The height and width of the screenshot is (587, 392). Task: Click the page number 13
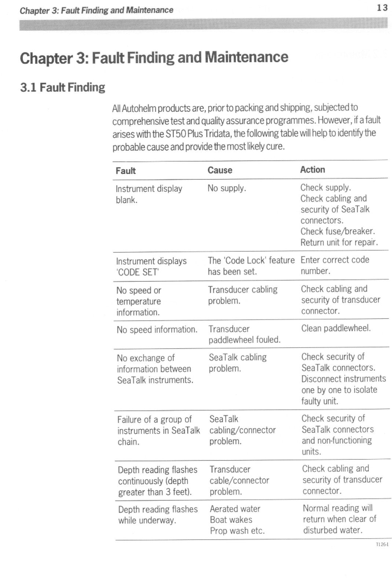[x=382, y=8]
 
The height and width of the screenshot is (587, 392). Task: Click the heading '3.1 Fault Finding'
[x=62, y=87]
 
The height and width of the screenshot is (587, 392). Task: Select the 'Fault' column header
[x=125, y=171]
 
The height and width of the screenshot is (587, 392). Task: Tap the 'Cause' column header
[x=220, y=170]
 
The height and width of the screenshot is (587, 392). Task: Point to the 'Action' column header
[x=312, y=169]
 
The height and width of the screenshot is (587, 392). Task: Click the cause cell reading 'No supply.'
[x=227, y=188]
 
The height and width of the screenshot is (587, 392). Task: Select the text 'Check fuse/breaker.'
[x=337, y=231]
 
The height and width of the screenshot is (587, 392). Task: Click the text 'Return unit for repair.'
[x=339, y=242]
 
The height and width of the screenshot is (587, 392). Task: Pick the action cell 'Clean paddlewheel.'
[x=336, y=328]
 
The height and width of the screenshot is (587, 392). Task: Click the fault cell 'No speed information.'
[x=157, y=329]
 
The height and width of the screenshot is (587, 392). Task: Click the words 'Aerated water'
[x=235, y=509]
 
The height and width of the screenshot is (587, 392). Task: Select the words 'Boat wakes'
[x=231, y=520]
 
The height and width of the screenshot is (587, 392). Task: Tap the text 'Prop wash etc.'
[x=237, y=531]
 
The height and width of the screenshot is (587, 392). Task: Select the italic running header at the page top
[x=96, y=10]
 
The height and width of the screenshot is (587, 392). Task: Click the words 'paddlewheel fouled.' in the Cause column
[x=244, y=340]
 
